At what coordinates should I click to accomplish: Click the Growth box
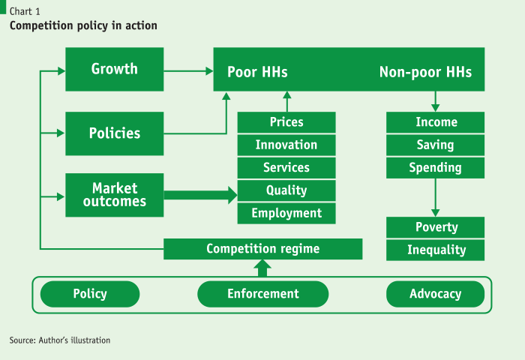pyautogui.click(x=115, y=69)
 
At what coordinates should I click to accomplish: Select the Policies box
pyautogui.click(x=115, y=133)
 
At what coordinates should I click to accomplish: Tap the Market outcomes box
pyautogui.click(x=115, y=195)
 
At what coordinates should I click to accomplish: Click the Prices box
pyautogui.click(x=286, y=122)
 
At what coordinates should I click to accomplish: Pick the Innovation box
pyautogui.click(x=286, y=145)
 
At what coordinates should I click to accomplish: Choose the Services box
pyautogui.click(x=286, y=168)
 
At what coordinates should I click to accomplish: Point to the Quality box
pyautogui.click(x=286, y=190)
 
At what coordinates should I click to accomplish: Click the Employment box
pyautogui.click(x=286, y=213)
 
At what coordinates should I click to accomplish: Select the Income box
pyautogui.click(x=435, y=122)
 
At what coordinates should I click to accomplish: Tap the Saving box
pyautogui.click(x=435, y=145)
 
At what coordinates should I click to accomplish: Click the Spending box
pyautogui.click(x=435, y=168)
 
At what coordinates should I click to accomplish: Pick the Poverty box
pyautogui.click(x=435, y=227)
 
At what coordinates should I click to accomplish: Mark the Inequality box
pyautogui.click(x=435, y=250)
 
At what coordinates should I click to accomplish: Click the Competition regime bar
pyautogui.click(x=262, y=249)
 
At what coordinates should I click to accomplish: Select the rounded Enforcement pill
pyautogui.click(x=262, y=294)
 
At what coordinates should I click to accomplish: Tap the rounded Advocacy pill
pyautogui.click(x=435, y=294)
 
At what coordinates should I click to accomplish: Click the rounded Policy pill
pyautogui.click(x=90, y=294)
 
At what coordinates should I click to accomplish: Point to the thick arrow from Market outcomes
pyautogui.click(x=200, y=195)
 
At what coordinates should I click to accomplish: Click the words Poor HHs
pyautogui.click(x=257, y=72)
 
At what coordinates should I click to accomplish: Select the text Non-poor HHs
pyautogui.click(x=425, y=72)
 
